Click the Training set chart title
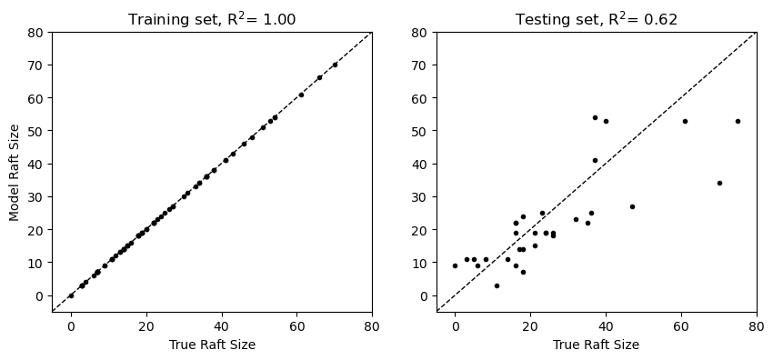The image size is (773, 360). pos(212,18)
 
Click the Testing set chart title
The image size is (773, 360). pos(597,18)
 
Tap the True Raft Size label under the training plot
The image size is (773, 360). pos(212,345)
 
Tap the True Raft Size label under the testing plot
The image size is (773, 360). pos(597,345)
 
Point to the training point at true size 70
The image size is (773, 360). pos(335,65)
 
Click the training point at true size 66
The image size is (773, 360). pos(319,77)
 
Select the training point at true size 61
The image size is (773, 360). pos(301,95)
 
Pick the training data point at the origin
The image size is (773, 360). pos(71,295)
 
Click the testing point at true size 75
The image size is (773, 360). pos(738,121)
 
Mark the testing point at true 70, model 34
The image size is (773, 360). pos(719,183)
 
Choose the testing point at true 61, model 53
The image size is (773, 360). pos(685,121)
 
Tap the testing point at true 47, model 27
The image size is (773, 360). pos(632,206)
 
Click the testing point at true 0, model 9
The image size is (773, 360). pos(456,265)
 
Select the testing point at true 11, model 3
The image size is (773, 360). pos(497,285)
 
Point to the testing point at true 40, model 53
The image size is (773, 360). pos(606,121)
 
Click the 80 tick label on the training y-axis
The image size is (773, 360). pos(37,33)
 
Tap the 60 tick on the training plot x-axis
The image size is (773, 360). pos(296,327)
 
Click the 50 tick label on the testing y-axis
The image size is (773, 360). pos(422,131)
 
